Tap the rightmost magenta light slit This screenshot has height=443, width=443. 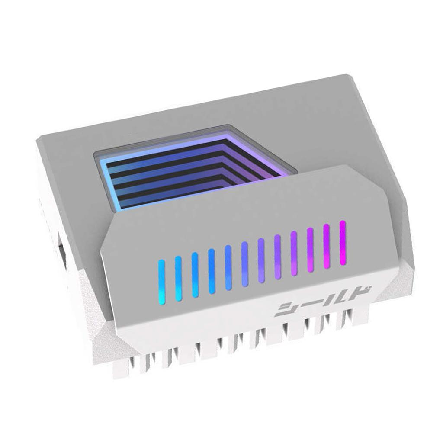(x=343, y=242)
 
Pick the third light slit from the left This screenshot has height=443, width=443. (x=195, y=275)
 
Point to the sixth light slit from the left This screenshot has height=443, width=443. (x=244, y=264)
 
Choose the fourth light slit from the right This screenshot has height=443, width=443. (x=294, y=253)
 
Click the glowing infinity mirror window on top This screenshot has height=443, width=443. (x=190, y=173)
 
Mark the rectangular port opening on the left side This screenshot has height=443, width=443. (x=62, y=251)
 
